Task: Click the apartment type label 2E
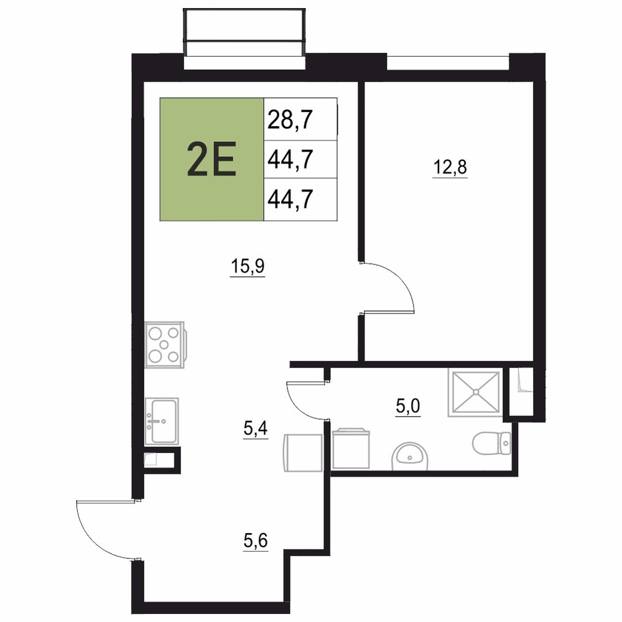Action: coord(211,159)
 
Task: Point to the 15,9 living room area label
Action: coord(248,266)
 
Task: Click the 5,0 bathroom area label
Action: coord(408,407)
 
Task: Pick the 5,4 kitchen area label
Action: coord(256,429)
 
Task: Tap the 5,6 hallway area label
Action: coord(256,541)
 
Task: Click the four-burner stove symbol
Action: coord(164,345)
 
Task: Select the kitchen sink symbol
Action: coord(162,421)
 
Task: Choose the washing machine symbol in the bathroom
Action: coord(351,448)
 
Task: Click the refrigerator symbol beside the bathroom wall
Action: coord(303,453)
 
